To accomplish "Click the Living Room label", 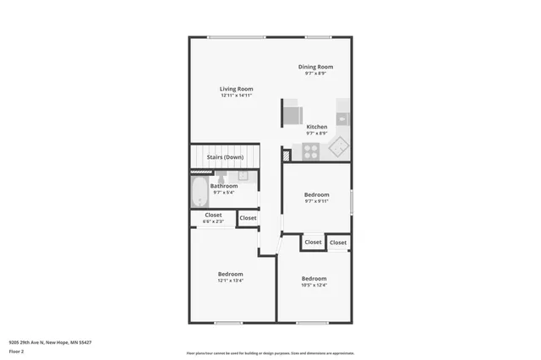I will pos(236,89).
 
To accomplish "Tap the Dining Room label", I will pos(315,67).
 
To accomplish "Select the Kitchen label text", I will pos(316,127).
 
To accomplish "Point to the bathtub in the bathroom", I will pos(199,192).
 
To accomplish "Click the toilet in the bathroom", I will pos(221,178).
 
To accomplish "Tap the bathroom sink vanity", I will pos(243,176).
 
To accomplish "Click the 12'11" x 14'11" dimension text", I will pos(236,95).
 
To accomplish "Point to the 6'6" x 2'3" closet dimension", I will pos(213,221).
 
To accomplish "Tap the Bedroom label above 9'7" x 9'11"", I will pos(316,194).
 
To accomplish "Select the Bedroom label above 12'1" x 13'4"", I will pos(230,274).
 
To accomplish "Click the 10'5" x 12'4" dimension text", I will pos(314,285).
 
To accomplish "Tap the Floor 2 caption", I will pos(17,351).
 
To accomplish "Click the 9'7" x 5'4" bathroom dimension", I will pos(224,193).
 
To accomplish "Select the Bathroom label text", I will pos(224,186).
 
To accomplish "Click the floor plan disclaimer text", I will pos(270,352).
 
